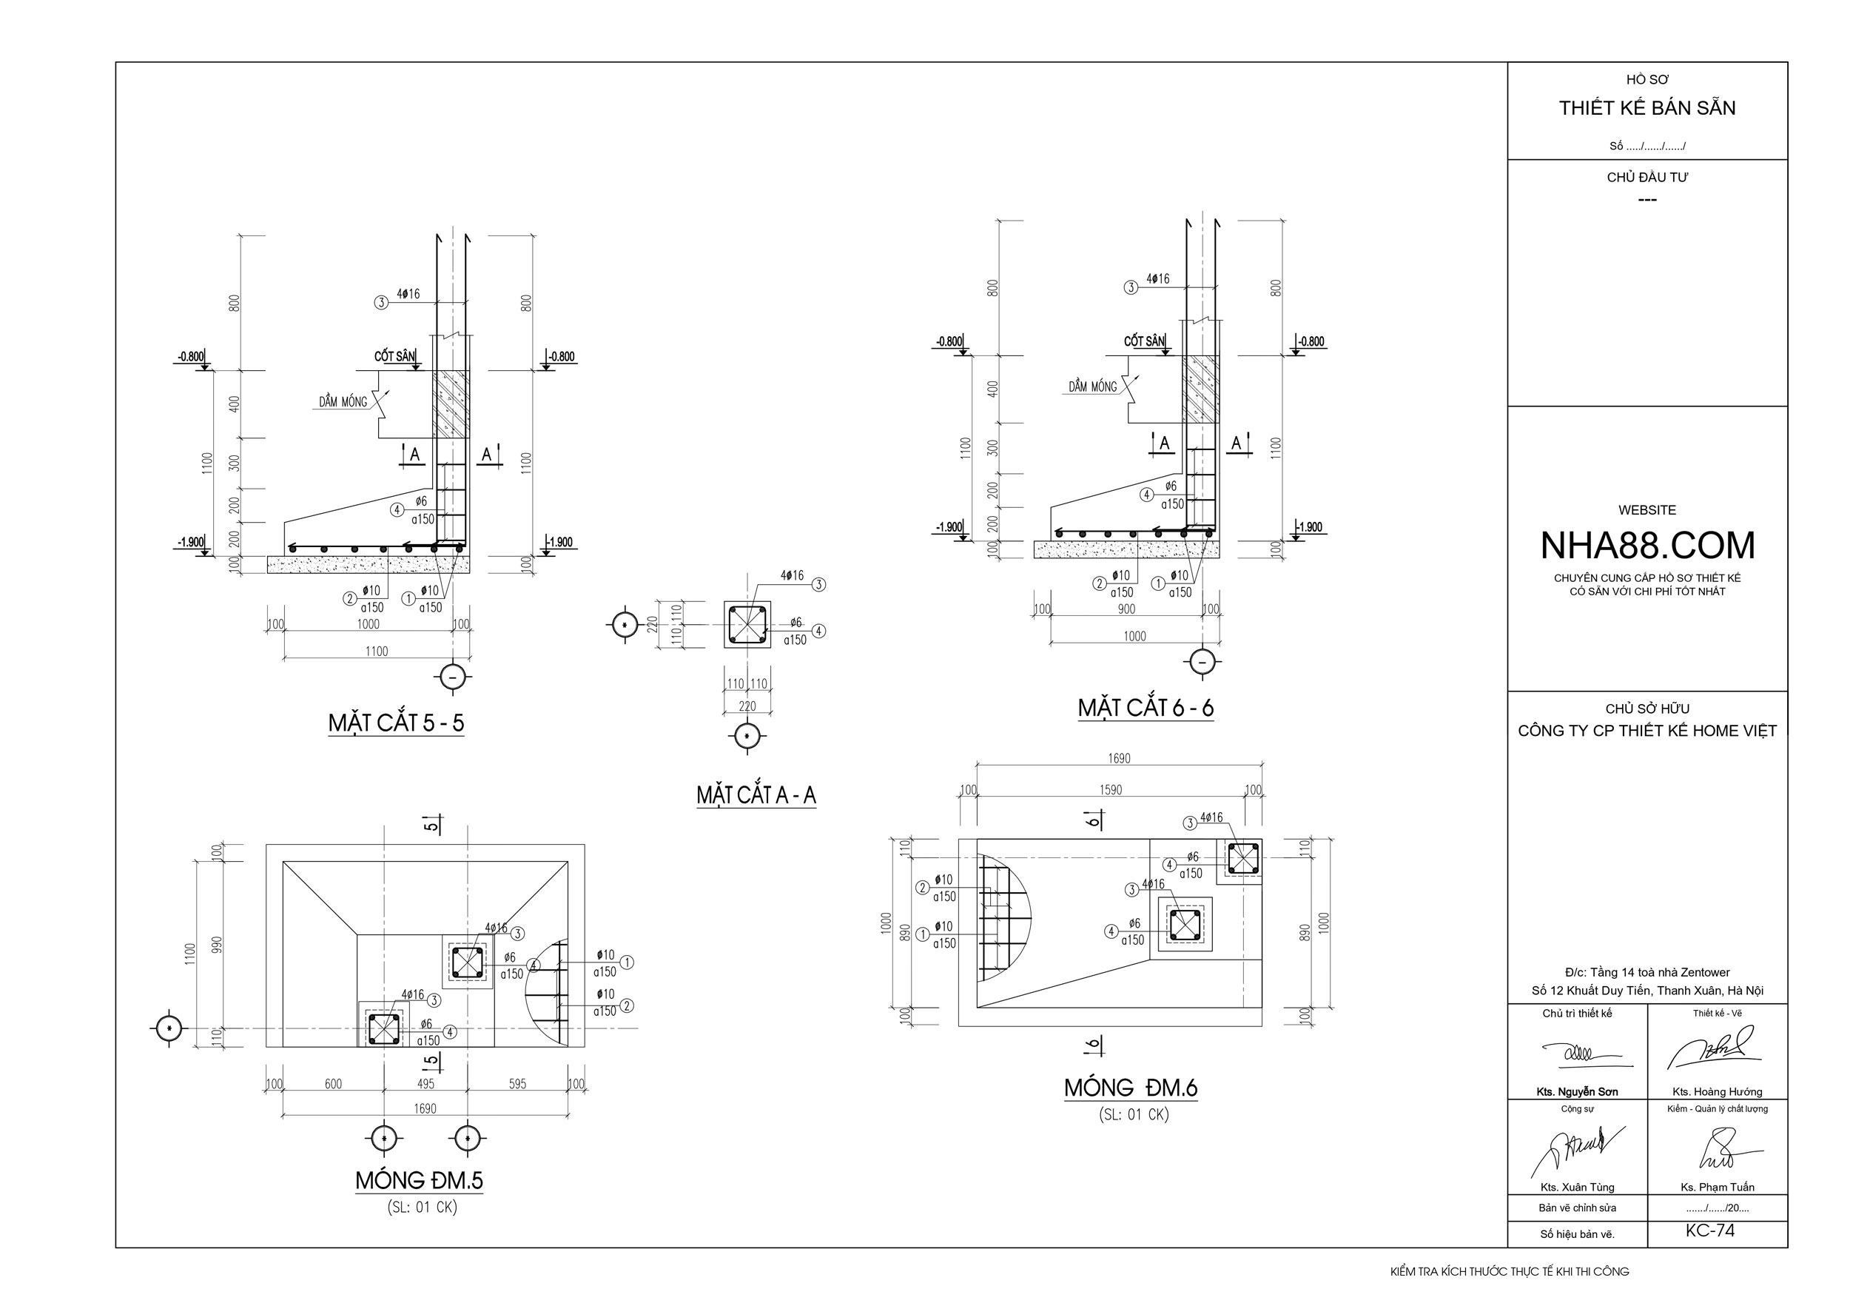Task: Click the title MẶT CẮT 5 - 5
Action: (396, 723)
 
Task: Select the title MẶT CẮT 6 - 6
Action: (1146, 708)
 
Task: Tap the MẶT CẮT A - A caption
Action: (756, 796)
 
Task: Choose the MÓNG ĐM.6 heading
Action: (1131, 1088)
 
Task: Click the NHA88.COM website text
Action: (1647, 546)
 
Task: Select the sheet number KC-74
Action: (1710, 1231)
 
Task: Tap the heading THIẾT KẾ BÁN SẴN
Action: (1647, 108)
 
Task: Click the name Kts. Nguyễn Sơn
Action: (1577, 1092)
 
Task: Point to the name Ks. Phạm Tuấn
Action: (1717, 1188)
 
